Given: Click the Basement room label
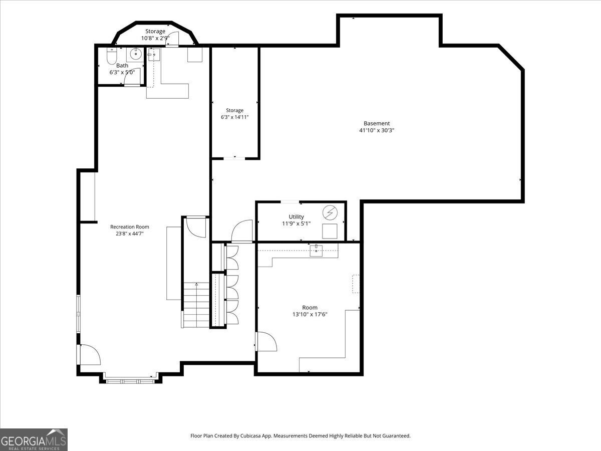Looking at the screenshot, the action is pos(377,123).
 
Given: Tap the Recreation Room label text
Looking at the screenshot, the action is pos(130,227).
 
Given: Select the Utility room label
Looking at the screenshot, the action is pos(296,216).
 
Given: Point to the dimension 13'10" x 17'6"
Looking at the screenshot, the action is pos(310,314).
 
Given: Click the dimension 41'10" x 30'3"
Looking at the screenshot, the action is pos(377,130).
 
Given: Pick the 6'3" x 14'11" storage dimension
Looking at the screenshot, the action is pos(235,117).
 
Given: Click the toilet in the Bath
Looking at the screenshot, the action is pos(112,56).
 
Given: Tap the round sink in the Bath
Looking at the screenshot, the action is pos(136,54).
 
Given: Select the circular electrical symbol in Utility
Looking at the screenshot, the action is pos(330,212).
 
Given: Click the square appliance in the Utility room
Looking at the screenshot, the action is pos(330,231).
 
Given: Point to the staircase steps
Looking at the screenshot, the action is pos(196,305).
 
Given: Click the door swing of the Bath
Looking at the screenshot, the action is pos(132,77).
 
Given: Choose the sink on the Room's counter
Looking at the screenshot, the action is pos(316,250).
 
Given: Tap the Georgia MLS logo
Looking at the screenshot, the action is pos(34,439).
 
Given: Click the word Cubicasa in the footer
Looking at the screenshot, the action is pos(250,435).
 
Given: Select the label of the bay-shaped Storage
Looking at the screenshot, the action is pos(155,31).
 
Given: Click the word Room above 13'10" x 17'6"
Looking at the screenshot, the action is pos(310,308).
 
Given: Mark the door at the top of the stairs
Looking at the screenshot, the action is pos(196,227).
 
